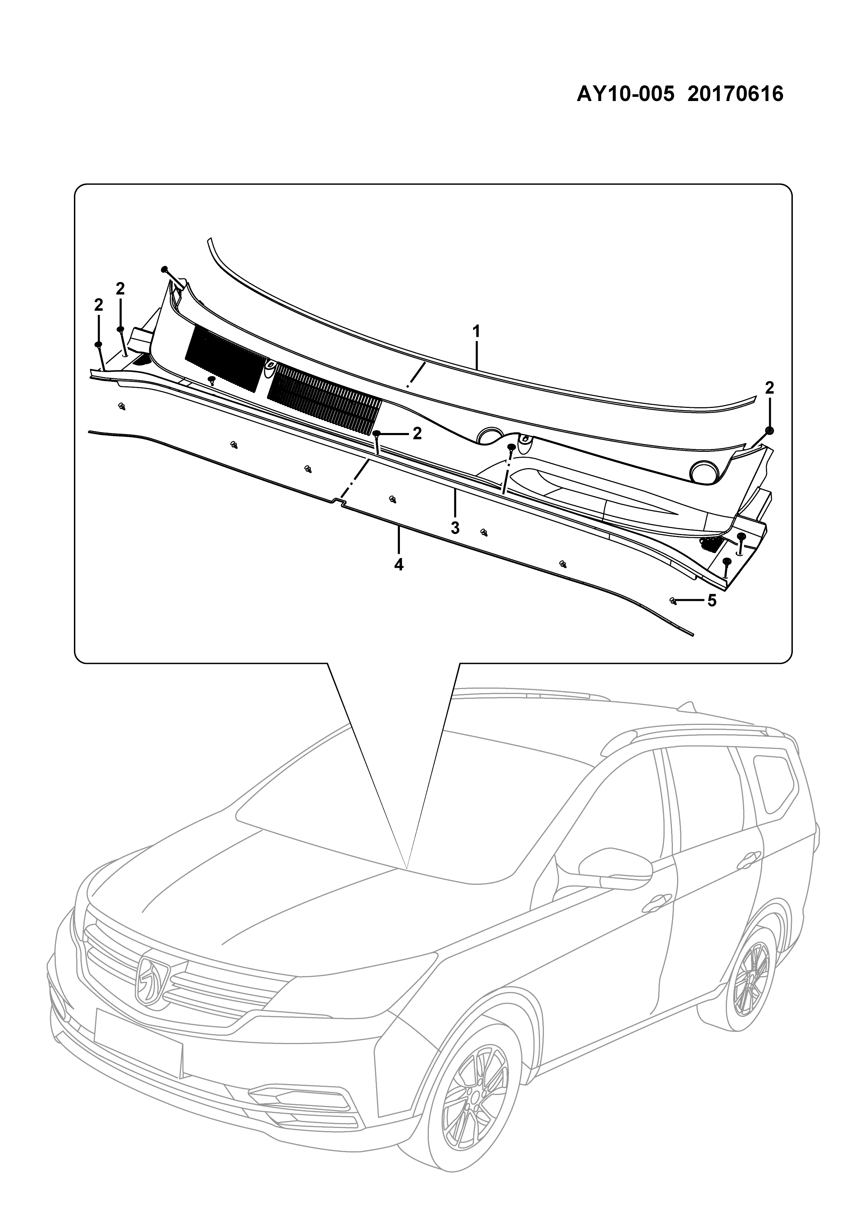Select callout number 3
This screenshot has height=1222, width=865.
click(x=455, y=528)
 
